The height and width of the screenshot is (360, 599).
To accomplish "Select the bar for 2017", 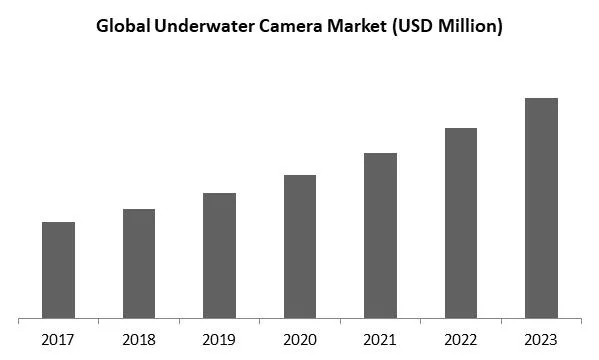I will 58,270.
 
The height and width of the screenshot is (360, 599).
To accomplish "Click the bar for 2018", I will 139,264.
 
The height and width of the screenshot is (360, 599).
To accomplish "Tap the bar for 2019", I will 219,256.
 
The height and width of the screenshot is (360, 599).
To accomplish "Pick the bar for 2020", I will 300,247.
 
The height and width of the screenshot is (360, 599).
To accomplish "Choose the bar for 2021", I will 380,236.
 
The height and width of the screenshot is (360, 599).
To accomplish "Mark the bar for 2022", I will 461,223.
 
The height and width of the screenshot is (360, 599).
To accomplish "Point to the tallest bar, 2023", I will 541,208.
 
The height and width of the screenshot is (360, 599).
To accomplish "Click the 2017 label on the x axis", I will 58,339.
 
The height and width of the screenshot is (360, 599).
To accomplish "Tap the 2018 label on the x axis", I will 139,339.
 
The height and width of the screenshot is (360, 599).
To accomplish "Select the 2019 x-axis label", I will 219,339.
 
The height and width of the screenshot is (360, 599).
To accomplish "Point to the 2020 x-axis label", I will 300,339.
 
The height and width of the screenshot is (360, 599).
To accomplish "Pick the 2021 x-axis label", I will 380,339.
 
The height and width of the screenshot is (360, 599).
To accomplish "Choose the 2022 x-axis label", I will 461,339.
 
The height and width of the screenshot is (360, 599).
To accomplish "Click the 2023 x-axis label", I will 541,339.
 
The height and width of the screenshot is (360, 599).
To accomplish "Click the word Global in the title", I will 122,26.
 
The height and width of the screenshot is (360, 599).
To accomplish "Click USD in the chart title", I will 414,26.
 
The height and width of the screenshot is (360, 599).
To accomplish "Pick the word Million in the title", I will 470,26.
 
